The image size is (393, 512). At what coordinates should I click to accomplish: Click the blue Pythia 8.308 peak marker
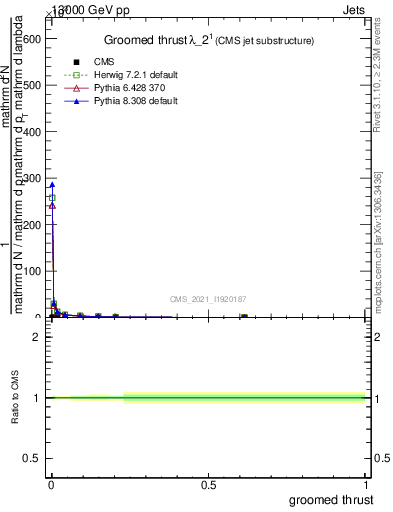52,184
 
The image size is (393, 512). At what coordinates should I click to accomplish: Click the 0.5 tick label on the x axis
208,484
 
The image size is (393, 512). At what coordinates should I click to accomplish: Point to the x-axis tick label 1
366,484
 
